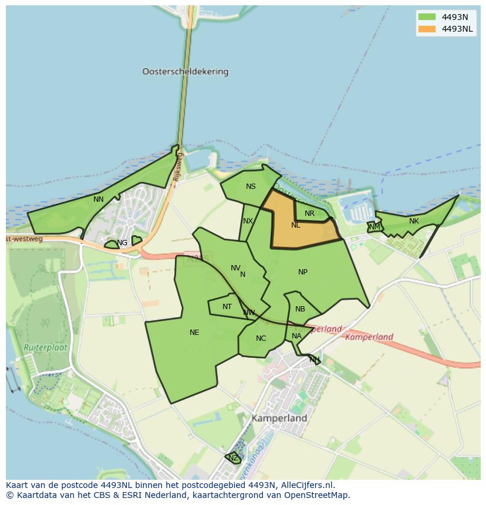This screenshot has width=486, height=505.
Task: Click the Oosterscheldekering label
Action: pos(185,72)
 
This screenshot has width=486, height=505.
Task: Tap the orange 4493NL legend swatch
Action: pos(427,29)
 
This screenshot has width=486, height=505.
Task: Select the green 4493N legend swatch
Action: pos(427,17)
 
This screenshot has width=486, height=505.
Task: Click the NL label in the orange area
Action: pos(295,225)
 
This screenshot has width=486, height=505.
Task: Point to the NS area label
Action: pos(251,187)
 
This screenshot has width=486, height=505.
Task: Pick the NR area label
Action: pos(309,213)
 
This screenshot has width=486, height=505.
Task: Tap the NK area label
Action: pos(414,221)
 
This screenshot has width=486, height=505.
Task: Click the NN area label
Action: pos(99,199)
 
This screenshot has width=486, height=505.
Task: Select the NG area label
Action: pos(122,243)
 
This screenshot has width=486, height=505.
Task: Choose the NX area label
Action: pos(248,221)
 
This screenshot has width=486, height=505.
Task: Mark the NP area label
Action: pos(303,272)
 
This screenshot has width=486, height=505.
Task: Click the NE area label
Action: pos(194,333)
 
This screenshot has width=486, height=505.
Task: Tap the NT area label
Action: pos(227,307)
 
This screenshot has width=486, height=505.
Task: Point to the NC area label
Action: pos(261,338)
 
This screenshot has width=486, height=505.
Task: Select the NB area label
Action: pos(300,309)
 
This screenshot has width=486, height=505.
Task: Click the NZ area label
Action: pos(233,458)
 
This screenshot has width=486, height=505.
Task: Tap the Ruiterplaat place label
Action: pos(45,347)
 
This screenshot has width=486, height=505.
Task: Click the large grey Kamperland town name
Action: pos(279,419)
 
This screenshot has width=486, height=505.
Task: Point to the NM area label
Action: pos(374,226)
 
